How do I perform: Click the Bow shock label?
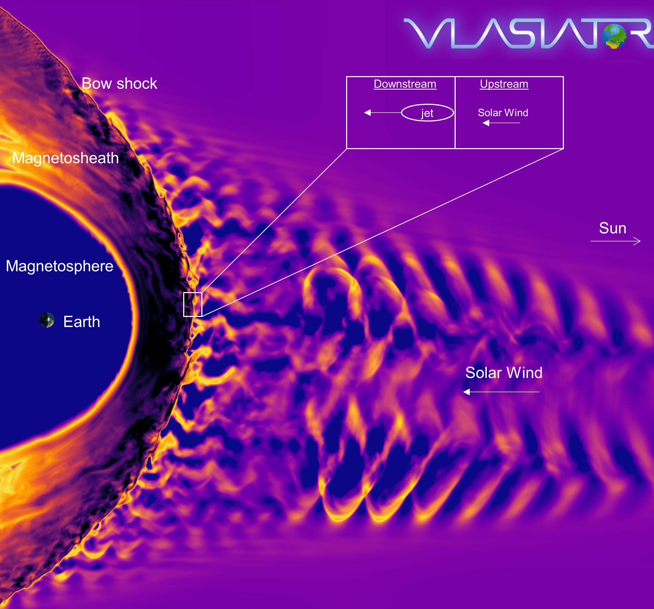119,84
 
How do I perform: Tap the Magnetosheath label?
65,158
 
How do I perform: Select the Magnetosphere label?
60,266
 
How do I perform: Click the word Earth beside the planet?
82,322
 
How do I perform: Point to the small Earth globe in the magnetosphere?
47,320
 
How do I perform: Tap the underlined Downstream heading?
405,84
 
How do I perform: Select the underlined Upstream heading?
504,84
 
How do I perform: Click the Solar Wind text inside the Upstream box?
503,113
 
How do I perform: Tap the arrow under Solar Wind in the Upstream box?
501,123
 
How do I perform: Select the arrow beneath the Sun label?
616,241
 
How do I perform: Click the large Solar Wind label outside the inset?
504,373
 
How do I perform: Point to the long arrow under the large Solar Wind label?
501,392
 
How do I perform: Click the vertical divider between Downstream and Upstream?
455,113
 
